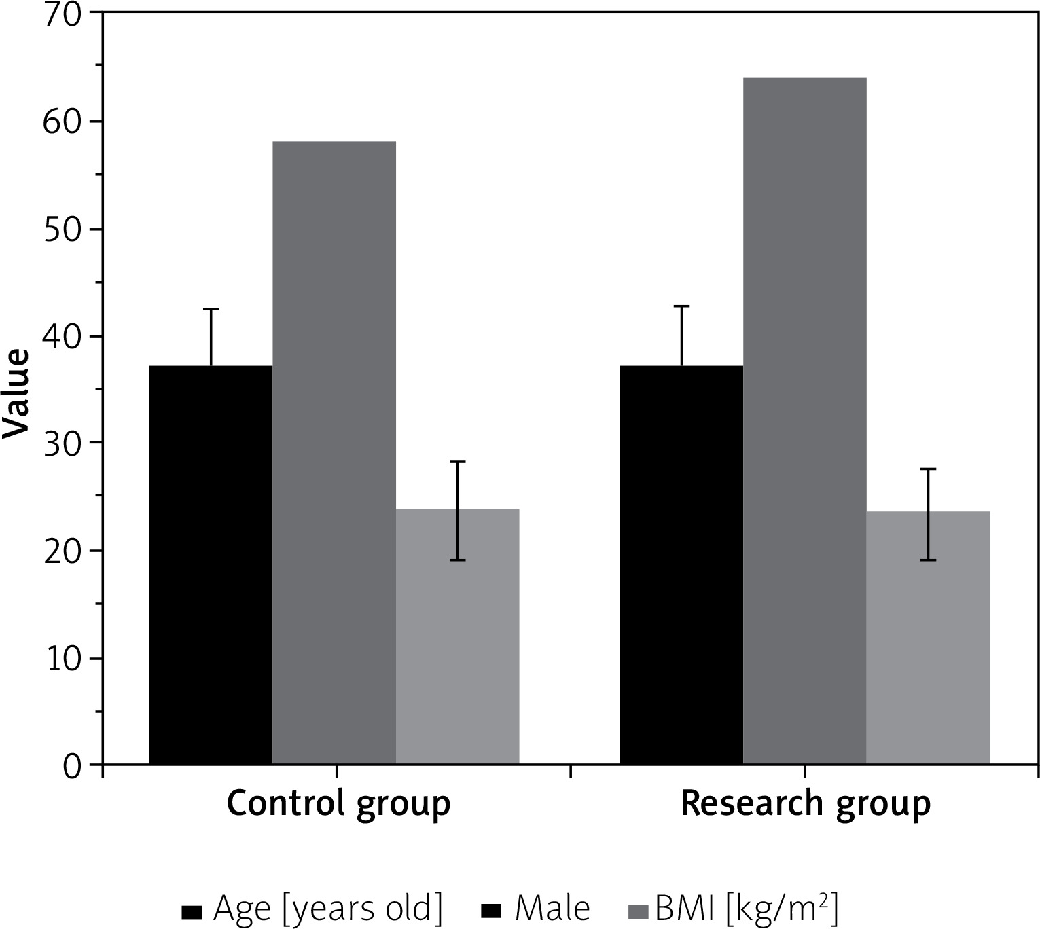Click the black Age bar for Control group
click(x=211, y=564)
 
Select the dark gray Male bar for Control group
click(x=334, y=453)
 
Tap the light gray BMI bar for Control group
click(x=457, y=636)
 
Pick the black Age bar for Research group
click(x=681, y=564)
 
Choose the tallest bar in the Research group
click(x=804, y=421)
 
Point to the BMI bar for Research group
click(x=928, y=638)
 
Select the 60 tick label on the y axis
click(x=62, y=122)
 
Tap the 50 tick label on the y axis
click(x=62, y=230)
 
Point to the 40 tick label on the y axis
click(x=62, y=337)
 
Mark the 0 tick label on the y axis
click(x=73, y=767)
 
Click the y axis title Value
click(x=16, y=394)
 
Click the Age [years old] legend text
click(x=327, y=909)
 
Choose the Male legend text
click(x=552, y=909)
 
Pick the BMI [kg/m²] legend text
click(x=746, y=909)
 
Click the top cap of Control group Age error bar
click(x=211, y=309)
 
